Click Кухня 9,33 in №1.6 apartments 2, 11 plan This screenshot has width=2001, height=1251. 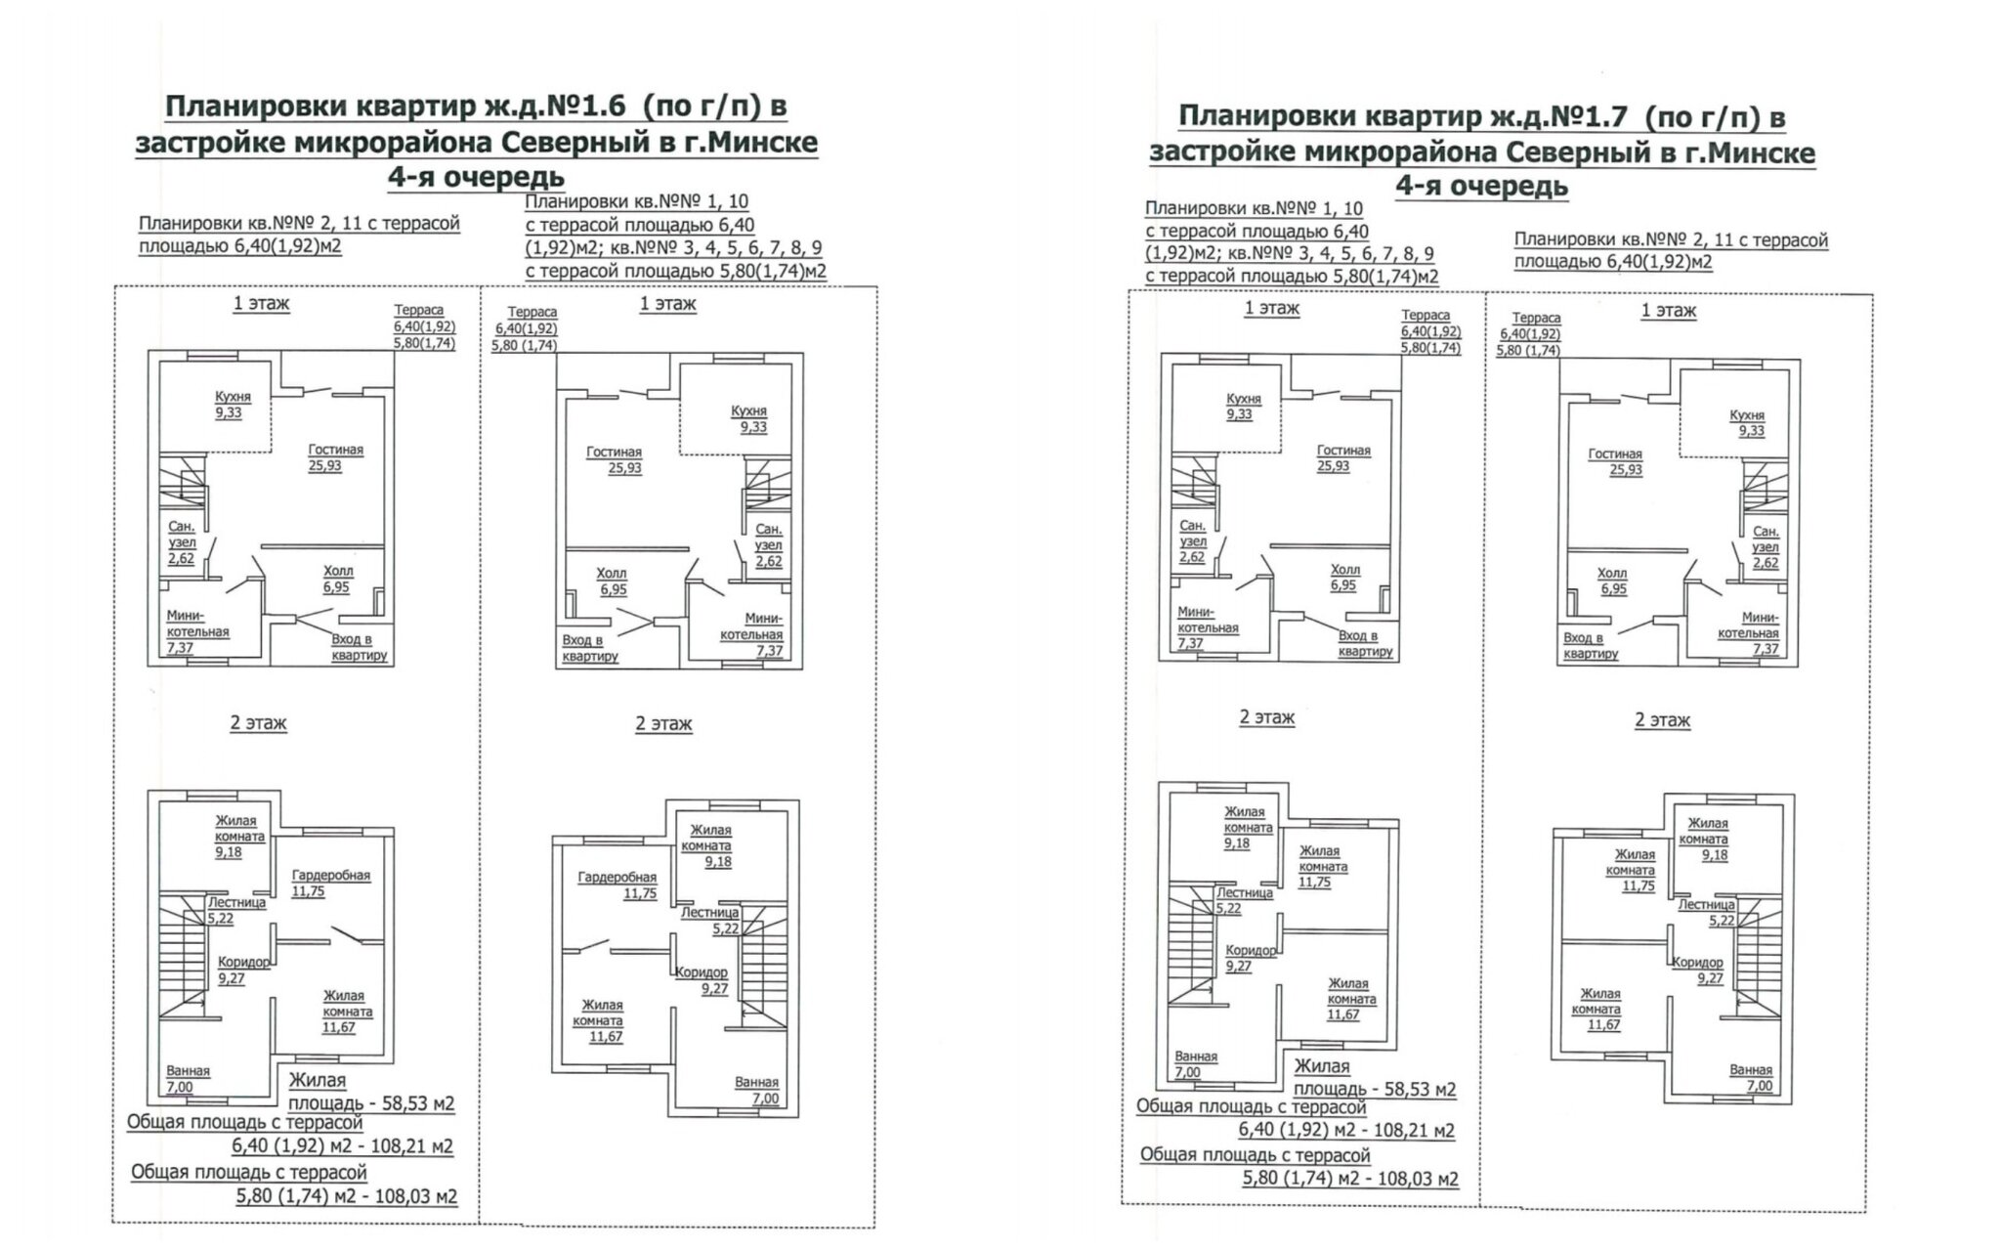point(233,405)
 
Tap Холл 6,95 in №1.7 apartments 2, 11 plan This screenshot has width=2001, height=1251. point(1611,582)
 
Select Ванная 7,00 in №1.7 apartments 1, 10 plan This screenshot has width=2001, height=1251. point(1196,1064)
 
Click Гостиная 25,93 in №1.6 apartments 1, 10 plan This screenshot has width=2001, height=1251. point(614,459)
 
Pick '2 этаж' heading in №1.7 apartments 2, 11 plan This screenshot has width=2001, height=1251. point(1662,720)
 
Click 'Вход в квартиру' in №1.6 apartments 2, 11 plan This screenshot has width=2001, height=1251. point(359,647)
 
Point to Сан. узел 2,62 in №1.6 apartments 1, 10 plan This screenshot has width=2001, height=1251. point(768,544)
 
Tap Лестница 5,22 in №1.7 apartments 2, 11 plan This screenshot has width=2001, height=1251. point(1706,913)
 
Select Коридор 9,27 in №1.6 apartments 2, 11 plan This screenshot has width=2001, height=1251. point(242,970)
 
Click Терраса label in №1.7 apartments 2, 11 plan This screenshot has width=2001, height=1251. point(1536,319)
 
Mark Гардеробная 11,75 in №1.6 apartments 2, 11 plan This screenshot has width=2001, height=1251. point(331,884)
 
